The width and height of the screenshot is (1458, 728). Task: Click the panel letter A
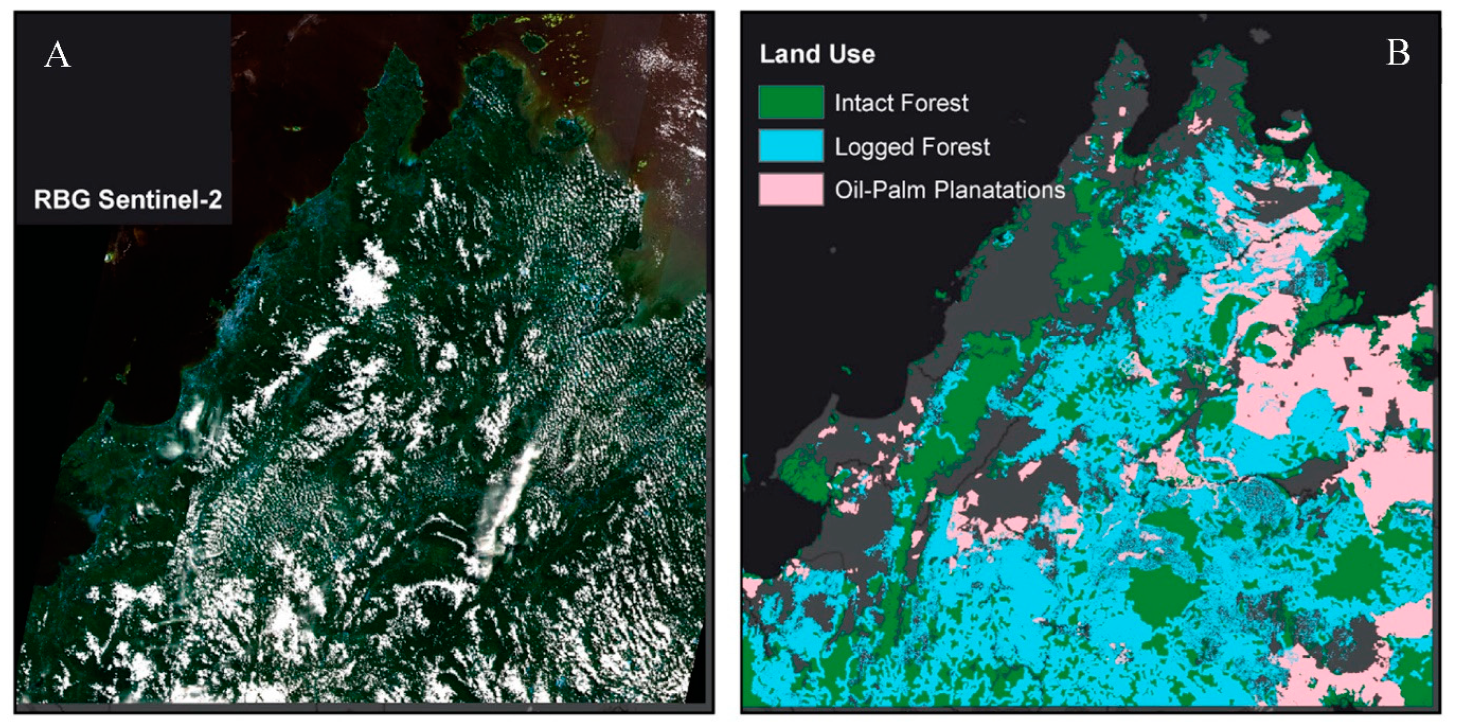coord(58,55)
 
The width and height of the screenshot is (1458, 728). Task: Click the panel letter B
coord(1397,53)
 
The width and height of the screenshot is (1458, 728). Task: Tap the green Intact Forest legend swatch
coord(791,102)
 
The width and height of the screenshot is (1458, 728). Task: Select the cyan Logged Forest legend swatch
coord(791,146)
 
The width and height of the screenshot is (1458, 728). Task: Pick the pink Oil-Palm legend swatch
coord(791,189)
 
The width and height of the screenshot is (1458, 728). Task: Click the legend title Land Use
coord(817,54)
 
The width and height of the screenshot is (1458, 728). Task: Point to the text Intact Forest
coord(901,103)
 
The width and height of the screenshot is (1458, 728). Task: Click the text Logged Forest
coord(912,147)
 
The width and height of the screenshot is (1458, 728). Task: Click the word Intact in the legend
coord(862,103)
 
